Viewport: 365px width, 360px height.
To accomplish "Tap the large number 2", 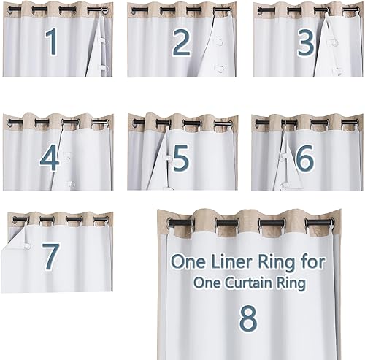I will [182, 44].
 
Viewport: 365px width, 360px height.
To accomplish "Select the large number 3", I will [305, 44].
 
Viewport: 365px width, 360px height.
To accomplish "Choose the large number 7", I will [50, 256].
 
